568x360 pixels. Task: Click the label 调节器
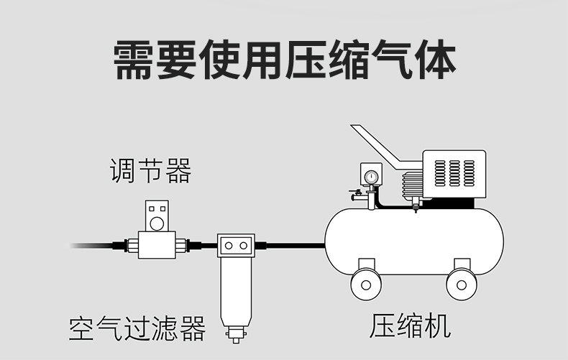point(151,172)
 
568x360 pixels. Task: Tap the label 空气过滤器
point(137,328)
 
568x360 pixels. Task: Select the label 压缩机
point(411,326)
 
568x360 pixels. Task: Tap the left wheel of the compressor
point(366,284)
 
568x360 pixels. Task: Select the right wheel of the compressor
point(462,284)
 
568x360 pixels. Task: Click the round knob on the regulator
point(158,211)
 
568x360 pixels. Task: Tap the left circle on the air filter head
point(229,246)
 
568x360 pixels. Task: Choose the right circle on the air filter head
point(244,246)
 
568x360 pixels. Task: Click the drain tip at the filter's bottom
point(235,335)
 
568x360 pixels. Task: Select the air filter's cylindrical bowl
point(235,291)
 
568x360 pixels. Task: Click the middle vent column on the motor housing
point(454,172)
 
